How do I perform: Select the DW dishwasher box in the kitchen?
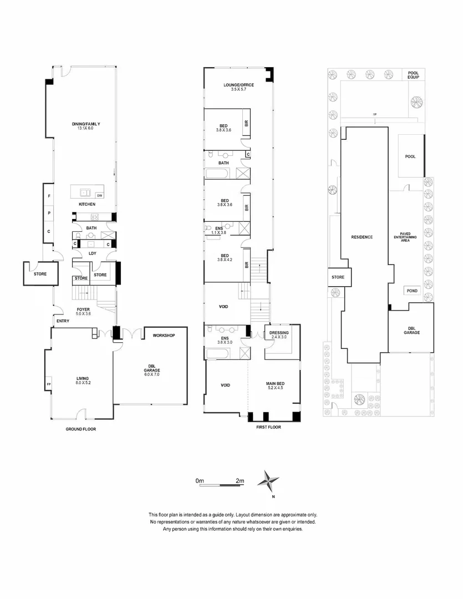click(99, 195)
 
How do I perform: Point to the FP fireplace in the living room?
click(49, 383)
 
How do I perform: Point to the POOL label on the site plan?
click(410, 156)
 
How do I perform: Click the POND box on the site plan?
click(412, 291)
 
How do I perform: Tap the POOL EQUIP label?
click(414, 75)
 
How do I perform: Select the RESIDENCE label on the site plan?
click(362, 237)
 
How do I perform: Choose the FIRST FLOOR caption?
click(269, 428)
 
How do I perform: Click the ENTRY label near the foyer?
click(62, 321)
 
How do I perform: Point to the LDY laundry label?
click(93, 253)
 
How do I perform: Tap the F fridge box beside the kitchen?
click(49, 196)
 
